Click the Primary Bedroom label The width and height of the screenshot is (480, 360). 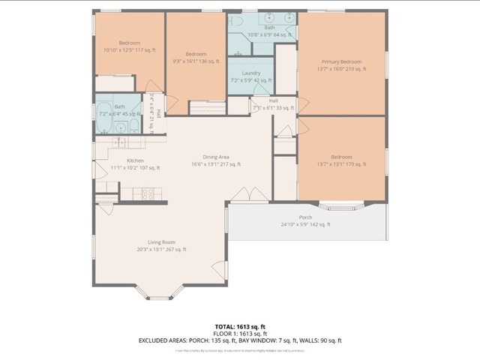click(x=341, y=61)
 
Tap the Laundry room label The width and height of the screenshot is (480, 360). click(x=250, y=73)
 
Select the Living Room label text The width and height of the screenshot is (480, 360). click(x=161, y=242)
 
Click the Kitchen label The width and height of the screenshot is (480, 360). click(x=135, y=160)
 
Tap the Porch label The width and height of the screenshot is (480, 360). click(x=305, y=217)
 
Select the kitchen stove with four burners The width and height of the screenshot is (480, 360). click(x=148, y=193)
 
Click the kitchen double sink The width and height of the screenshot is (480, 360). click(x=121, y=142)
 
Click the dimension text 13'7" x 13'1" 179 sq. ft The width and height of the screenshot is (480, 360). click(x=341, y=164)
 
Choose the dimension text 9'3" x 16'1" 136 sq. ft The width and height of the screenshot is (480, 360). click(x=196, y=61)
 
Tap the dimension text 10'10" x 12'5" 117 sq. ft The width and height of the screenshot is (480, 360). click(x=129, y=50)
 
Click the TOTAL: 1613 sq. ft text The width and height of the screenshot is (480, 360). click(x=240, y=327)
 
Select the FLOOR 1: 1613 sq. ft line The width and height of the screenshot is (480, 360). click(x=240, y=334)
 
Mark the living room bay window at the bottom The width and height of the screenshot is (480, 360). click(x=159, y=294)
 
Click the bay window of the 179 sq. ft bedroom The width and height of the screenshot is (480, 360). click(x=342, y=204)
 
